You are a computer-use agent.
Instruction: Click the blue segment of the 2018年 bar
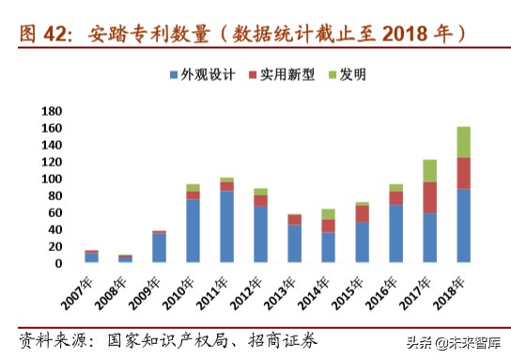click(x=463, y=226)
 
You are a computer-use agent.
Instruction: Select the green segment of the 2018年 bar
click(x=463, y=142)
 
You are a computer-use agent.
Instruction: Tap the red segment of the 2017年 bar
click(x=429, y=197)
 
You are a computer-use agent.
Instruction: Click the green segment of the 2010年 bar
click(x=193, y=188)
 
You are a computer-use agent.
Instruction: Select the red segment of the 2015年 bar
click(x=362, y=213)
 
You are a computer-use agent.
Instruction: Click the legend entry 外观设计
click(x=201, y=74)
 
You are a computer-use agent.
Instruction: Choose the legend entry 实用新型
click(x=277, y=74)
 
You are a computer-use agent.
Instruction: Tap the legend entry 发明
click(x=344, y=74)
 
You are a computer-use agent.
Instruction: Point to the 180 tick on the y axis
click(x=51, y=111)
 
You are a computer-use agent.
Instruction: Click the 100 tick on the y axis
click(x=51, y=179)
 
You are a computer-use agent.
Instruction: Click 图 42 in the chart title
click(x=44, y=34)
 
